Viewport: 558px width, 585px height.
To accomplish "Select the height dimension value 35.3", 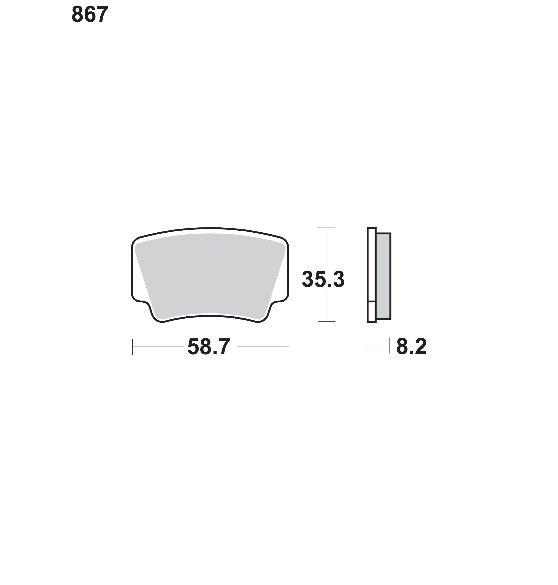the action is (323, 279).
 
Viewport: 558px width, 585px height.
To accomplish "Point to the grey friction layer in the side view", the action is (383, 276).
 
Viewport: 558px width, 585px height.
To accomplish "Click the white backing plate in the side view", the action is (371, 265).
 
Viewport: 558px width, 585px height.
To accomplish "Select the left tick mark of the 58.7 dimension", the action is (132, 347).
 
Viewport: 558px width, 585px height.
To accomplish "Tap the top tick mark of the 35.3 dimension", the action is (326, 228).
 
